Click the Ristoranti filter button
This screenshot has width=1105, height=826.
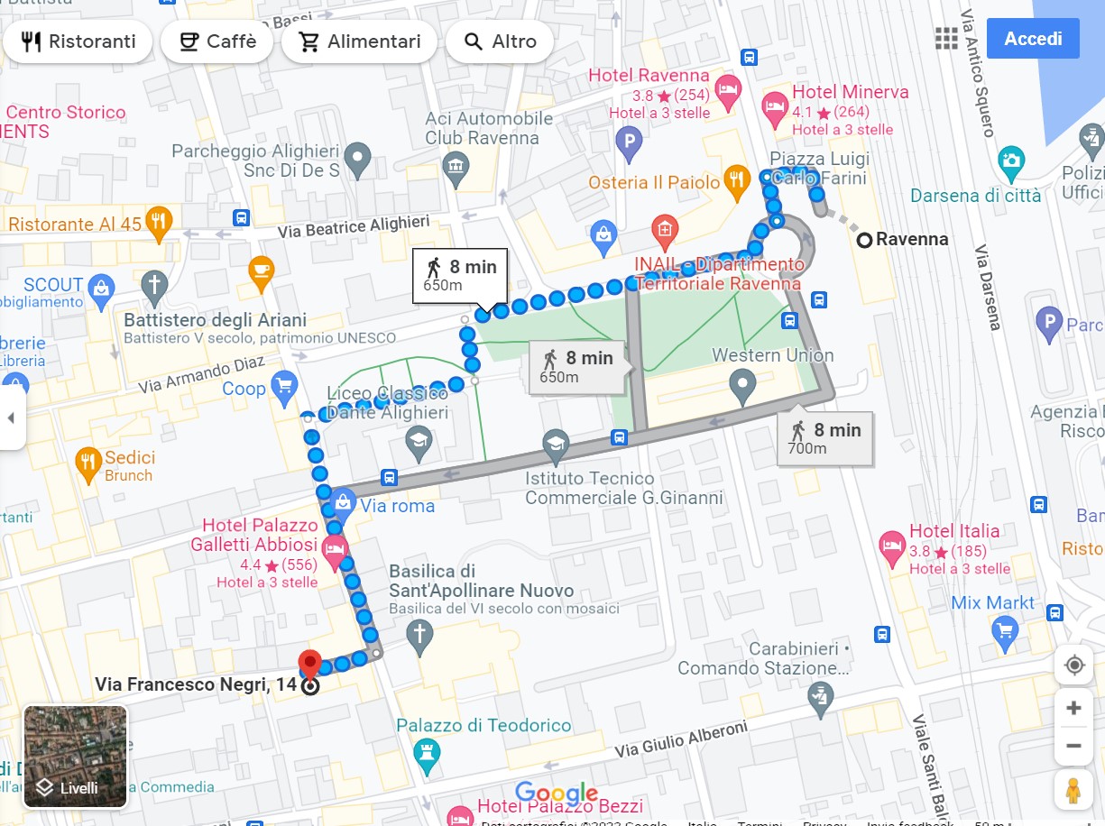pyautogui.click(x=78, y=41)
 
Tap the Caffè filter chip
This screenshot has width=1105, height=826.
pyautogui.click(x=216, y=41)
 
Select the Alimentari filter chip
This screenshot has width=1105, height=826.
pyautogui.click(x=359, y=41)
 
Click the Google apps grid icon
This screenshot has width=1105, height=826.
pyautogui.click(x=946, y=39)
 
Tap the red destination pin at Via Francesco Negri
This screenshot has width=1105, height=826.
pyautogui.click(x=310, y=665)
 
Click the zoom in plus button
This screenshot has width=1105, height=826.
pyautogui.click(x=1073, y=708)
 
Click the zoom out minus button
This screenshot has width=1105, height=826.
pyautogui.click(x=1073, y=747)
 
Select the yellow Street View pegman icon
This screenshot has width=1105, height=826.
pyautogui.click(x=1073, y=790)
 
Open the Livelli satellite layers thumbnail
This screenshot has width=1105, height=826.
pyautogui.click(x=75, y=757)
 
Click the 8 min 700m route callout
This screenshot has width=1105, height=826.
pyautogui.click(x=824, y=439)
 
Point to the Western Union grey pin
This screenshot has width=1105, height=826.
pyautogui.click(x=742, y=389)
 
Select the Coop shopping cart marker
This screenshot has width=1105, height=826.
pyautogui.click(x=284, y=387)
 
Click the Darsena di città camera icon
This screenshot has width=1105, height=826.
pyautogui.click(x=1011, y=163)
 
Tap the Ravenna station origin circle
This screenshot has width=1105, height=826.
pyautogui.click(x=864, y=240)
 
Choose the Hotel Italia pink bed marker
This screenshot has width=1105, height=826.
pyautogui.click(x=892, y=547)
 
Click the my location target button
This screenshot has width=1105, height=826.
pyautogui.click(x=1073, y=665)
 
